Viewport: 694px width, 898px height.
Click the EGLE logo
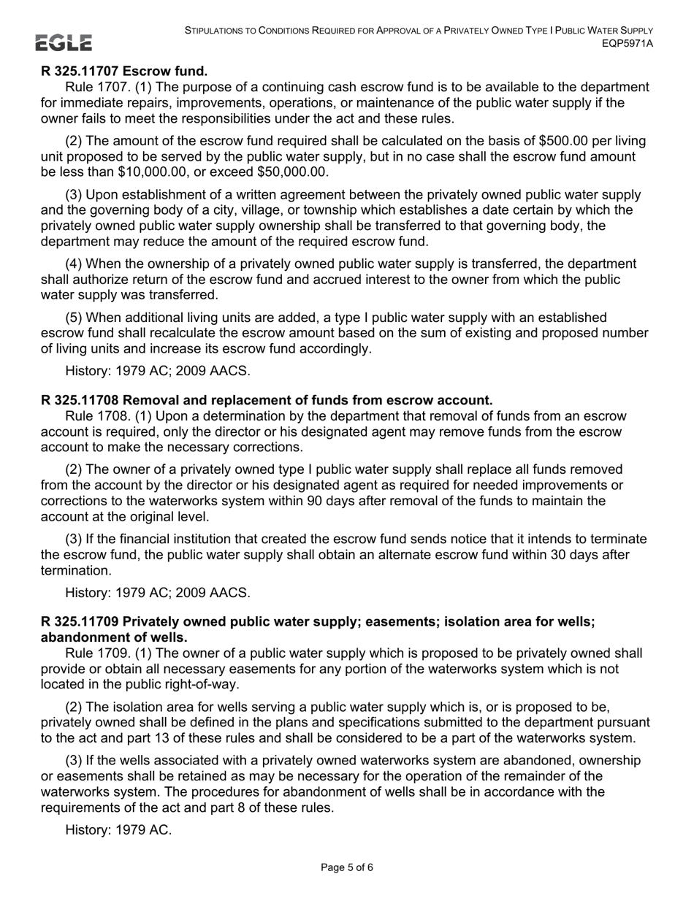[x=64, y=43]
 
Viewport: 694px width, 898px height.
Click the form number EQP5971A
[x=627, y=43]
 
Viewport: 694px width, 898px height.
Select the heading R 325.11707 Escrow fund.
[x=124, y=71]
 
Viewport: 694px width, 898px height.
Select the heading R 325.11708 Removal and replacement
[x=267, y=400]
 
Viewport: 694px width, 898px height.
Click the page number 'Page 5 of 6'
[x=347, y=867]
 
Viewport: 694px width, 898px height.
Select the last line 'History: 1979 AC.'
[x=118, y=829]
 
